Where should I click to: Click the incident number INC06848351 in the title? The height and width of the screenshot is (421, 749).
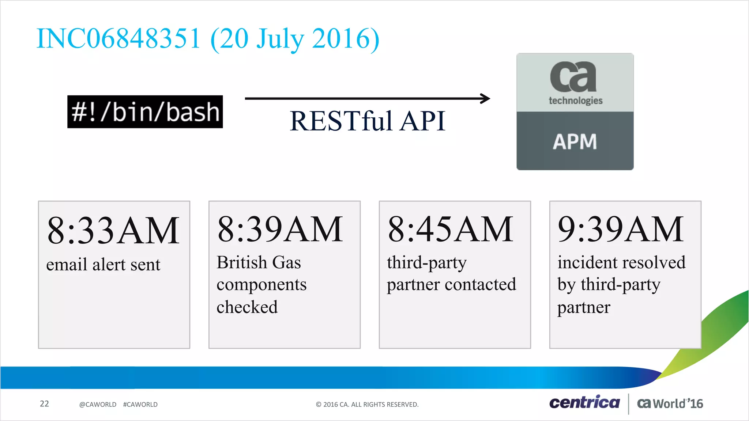click(x=118, y=39)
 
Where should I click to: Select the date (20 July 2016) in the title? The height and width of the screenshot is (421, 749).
click(x=295, y=39)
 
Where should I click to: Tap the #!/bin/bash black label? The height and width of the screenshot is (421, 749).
click(x=145, y=112)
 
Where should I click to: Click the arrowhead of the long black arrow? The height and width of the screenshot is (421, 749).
click(x=486, y=98)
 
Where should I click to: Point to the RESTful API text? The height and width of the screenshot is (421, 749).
click(x=367, y=121)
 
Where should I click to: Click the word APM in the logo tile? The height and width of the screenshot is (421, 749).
click(x=575, y=142)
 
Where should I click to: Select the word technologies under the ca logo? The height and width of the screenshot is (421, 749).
click(x=575, y=100)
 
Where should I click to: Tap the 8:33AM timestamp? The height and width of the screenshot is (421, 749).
click(x=113, y=231)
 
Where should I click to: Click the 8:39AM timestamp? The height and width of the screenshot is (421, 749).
click(x=280, y=229)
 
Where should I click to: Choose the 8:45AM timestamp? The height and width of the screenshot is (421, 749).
click(x=451, y=229)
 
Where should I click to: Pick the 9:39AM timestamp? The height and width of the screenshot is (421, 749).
click(x=621, y=229)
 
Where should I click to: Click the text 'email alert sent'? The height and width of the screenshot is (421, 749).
click(x=103, y=265)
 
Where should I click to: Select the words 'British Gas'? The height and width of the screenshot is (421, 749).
click(x=259, y=262)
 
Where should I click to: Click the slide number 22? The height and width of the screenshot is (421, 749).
click(x=44, y=403)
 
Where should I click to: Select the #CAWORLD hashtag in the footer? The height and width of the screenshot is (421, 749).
click(x=140, y=405)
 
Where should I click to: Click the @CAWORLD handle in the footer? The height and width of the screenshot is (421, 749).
click(x=98, y=405)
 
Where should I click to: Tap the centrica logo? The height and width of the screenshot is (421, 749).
click(x=584, y=402)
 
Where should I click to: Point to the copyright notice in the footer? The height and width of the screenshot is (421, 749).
click(x=367, y=405)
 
